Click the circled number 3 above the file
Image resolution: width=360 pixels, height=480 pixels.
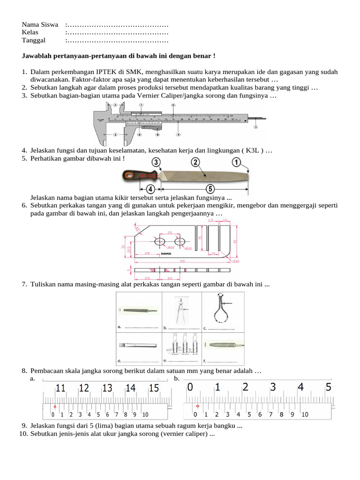(x=156, y=163)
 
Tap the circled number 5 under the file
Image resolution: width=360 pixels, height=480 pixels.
(x=210, y=189)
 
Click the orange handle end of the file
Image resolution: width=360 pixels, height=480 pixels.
(x=129, y=176)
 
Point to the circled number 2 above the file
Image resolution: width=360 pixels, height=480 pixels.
(x=195, y=163)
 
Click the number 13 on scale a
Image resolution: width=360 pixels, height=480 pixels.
(x=107, y=388)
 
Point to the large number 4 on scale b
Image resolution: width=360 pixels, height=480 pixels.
(x=300, y=388)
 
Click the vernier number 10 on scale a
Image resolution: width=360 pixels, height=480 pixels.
(x=145, y=414)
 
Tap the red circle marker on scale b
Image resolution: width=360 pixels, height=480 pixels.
(x=196, y=406)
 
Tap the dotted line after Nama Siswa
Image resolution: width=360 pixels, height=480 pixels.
(x=117, y=24)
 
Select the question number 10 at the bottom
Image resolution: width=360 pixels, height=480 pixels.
(x=24, y=434)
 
